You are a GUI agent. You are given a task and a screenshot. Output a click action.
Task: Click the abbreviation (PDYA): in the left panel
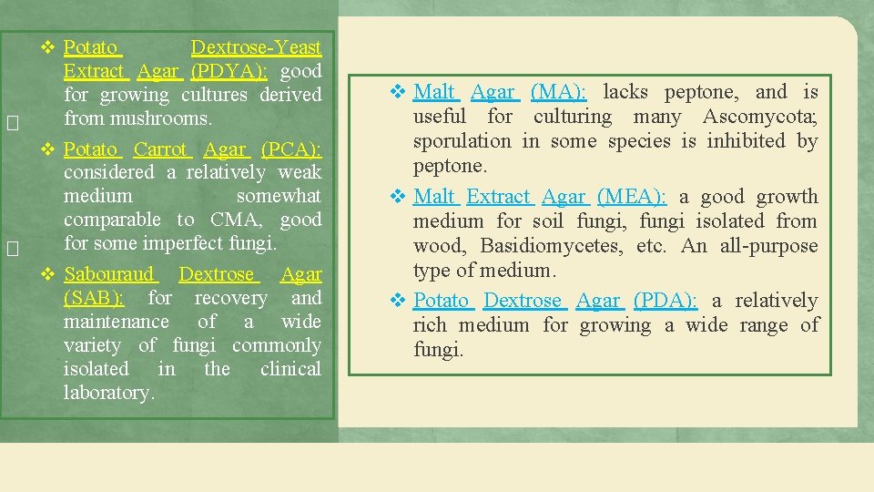click(x=229, y=71)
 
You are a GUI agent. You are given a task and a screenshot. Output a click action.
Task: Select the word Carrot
click(x=160, y=149)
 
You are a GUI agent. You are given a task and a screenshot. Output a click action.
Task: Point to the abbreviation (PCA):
click(x=290, y=149)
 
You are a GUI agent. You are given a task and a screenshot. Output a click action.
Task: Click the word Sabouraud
click(x=110, y=274)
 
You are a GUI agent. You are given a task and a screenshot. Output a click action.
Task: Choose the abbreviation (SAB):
click(x=95, y=298)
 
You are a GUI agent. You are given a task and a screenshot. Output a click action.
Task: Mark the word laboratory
click(x=108, y=393)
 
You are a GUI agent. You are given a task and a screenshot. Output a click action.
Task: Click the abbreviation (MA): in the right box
click(x=558, y=92)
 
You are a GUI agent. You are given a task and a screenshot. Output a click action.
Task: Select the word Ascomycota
click(x=759, y=117)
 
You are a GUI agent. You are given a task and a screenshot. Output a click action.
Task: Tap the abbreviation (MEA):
click(x=631, y=197)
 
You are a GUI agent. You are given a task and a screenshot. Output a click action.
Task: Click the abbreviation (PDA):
click(x=666, y=301)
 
